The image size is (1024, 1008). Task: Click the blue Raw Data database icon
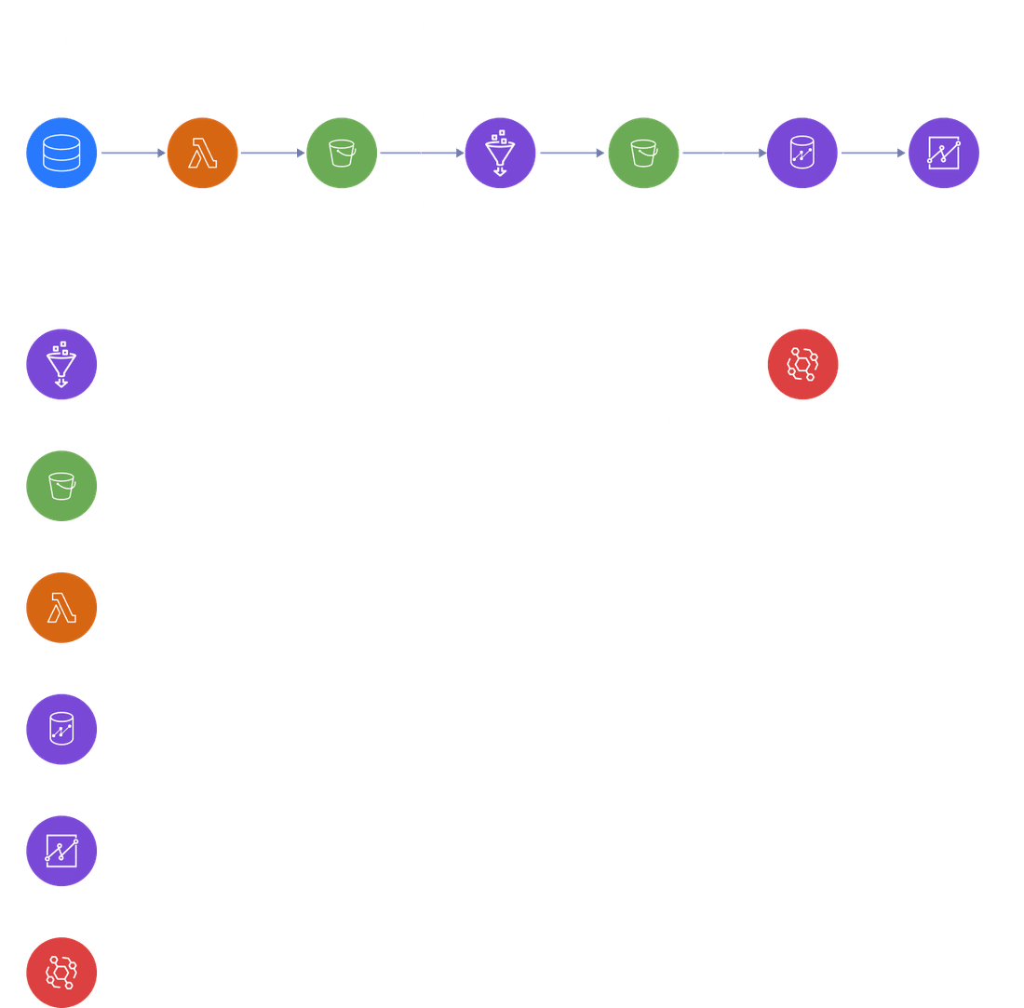(x=61, y=153)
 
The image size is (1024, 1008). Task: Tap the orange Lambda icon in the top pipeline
(x=202, y=153)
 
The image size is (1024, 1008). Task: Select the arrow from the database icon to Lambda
(x=132, y=154)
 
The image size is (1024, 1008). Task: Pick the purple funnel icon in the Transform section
(x=500, y=153)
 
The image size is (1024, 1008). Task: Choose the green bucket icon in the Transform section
(x=643, y=153)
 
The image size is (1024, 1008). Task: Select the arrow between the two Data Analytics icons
(x=872, y=154)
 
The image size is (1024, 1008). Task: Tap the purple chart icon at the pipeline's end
(x=943, y=153)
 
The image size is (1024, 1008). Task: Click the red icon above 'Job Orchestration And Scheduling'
(x=802, y=364)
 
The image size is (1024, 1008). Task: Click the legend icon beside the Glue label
(x=61, y=364)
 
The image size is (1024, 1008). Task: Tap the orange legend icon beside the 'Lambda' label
(x=61, y=608)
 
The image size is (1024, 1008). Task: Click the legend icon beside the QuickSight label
(x=61, y=851)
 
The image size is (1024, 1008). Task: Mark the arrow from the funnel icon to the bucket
(x=572, y=154)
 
